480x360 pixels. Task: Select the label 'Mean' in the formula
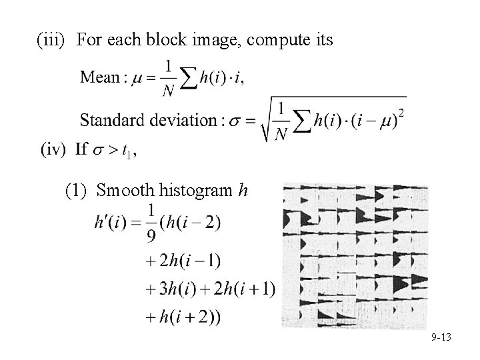[x=99, y=77]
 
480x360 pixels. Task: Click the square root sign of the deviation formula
[x=266, y=121]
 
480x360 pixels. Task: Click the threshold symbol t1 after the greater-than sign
[x=125, y=153]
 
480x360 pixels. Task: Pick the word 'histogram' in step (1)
[x=193, y=191]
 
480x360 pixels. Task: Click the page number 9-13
[x=440, y=337]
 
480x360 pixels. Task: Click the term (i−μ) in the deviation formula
[x=377, y=121]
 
